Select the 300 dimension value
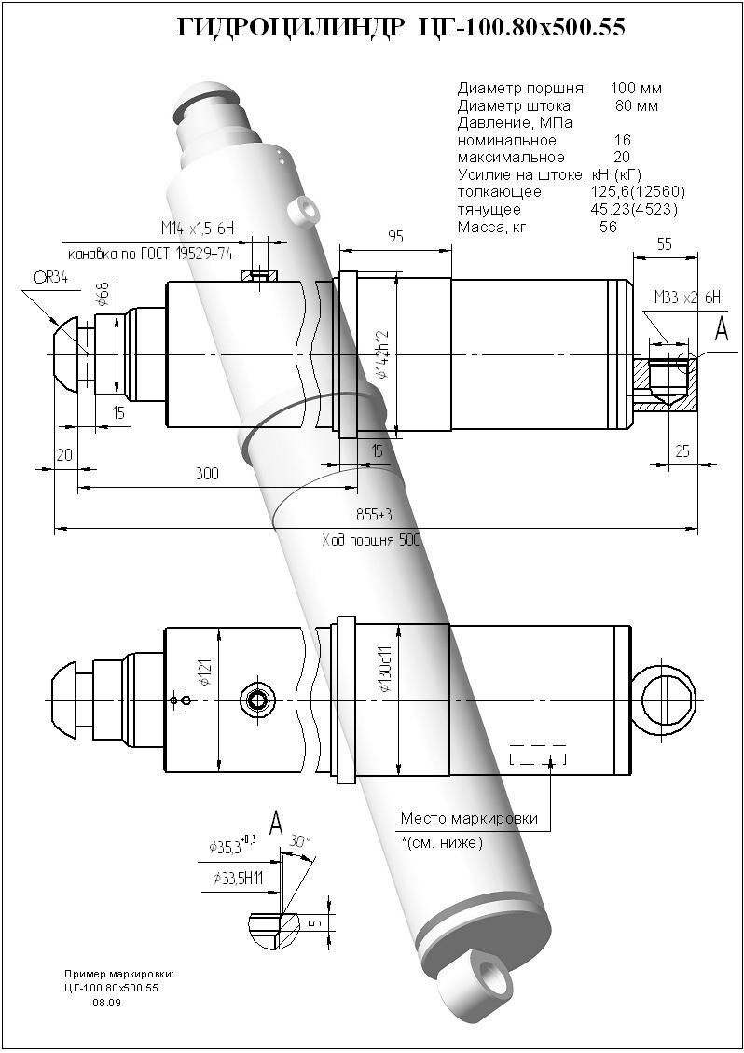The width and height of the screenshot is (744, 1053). [x=207, y=474]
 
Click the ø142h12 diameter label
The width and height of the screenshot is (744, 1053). [x=381, y=355]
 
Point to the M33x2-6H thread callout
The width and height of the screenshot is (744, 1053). [x=688, y=298]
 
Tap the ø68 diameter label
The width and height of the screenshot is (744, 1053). [x=103, y=297]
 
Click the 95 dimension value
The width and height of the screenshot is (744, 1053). [x=395, y=237]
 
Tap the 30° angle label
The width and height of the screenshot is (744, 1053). [x=300, y=839]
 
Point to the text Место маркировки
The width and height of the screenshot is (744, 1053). [x=469, y=819]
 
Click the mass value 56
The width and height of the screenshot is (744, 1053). [x=608, y=227]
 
